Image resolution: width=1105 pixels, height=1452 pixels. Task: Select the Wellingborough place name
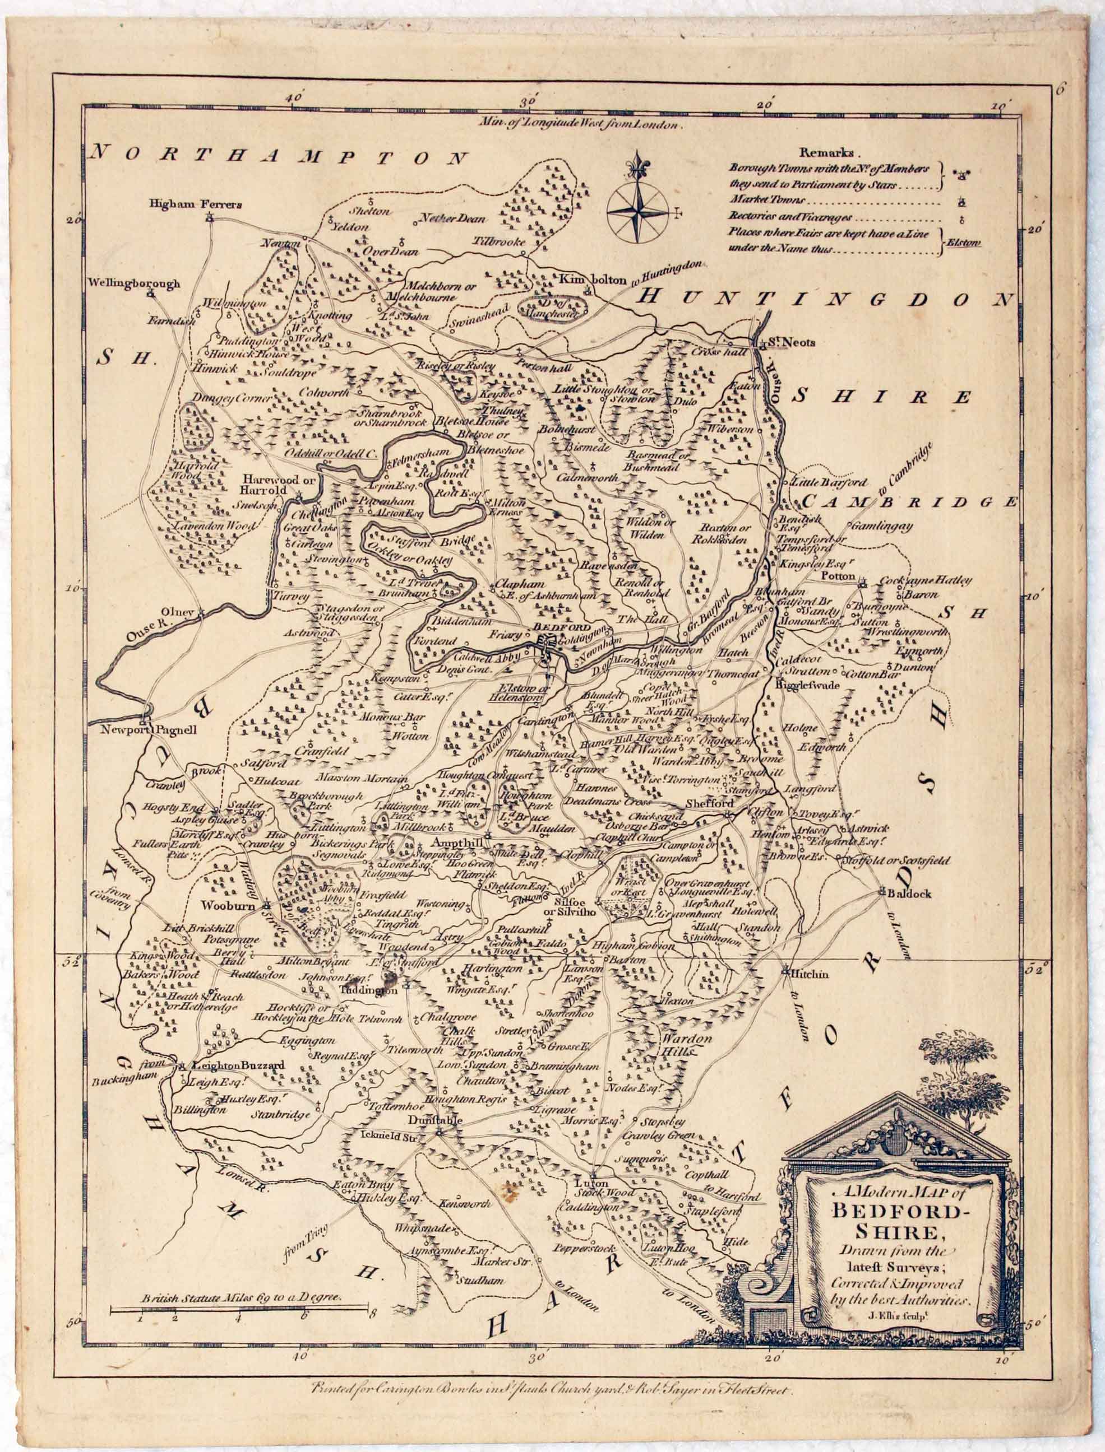[x=134, y=284]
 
